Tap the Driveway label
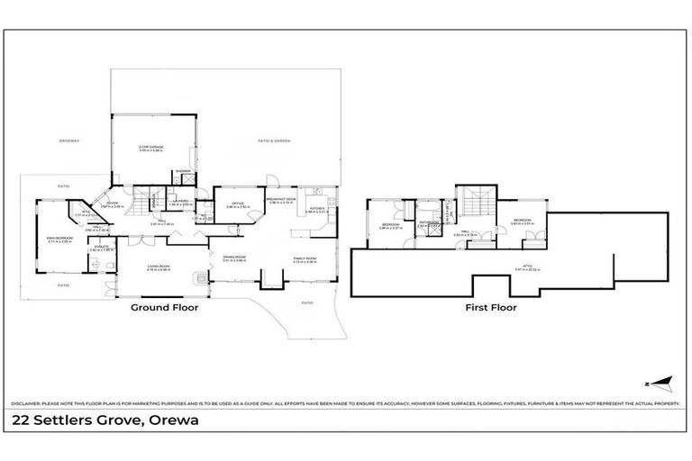(69, 140)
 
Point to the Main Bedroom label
(59, 239)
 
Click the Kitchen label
(316, 209)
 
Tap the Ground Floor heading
(165, 307)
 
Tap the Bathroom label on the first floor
(428, 222)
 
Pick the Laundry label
(180, 201)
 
